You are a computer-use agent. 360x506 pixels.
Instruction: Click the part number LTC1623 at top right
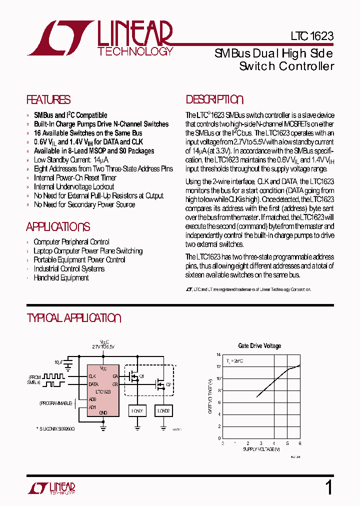pos(311,36)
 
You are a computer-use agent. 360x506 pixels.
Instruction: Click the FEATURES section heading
pos(48,99)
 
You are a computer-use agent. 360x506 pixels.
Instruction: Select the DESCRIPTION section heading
pos(214,99)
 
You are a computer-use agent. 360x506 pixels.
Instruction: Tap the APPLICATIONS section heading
pos(58,227)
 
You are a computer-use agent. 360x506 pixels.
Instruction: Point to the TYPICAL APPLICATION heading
pos(74,318)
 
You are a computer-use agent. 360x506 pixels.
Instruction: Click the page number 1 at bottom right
pos(328,487)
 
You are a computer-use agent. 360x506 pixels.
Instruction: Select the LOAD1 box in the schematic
pos(137,410)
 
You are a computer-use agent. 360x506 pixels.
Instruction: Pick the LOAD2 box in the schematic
pos(163,410)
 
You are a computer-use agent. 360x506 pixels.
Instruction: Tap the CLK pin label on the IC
pos(92,376)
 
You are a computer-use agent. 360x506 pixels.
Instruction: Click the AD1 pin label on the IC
pos(92,407)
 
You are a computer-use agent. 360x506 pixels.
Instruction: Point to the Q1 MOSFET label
pos(142,376)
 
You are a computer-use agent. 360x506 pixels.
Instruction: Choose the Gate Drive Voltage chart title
pos(259,345)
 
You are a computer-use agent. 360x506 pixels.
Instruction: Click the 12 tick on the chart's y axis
pos(218,366)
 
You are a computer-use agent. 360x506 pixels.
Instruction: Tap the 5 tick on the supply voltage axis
pos(287,443)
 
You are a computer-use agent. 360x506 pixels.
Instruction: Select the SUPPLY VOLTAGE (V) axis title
pos(261,449)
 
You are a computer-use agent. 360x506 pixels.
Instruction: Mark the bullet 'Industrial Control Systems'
pos(69,268)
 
